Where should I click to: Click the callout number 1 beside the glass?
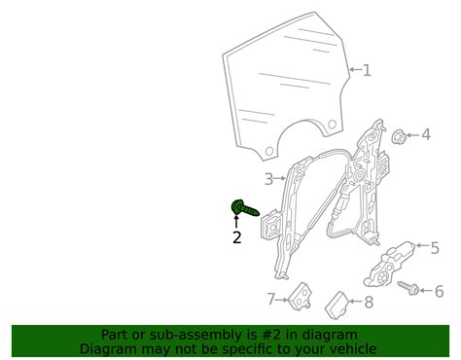[367, 70]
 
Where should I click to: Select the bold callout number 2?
[237, 237]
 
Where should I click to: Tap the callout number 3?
[268, 179]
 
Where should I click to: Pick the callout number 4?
[426, 134]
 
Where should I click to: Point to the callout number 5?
[435, 248]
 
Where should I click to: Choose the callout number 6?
[439, 291]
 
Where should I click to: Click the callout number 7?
[271, 299]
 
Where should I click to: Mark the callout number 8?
[369, 303]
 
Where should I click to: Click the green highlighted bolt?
[245, 208]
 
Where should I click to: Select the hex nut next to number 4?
[399, 137]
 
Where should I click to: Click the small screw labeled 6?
[408, 288]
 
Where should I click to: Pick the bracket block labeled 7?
[300, 296]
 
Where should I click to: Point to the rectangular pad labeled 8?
[337, 305]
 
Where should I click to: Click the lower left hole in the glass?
[269, 151]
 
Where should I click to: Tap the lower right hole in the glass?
[332, 125]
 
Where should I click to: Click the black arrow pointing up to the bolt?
[236, 221]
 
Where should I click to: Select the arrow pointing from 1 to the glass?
[355, 69]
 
